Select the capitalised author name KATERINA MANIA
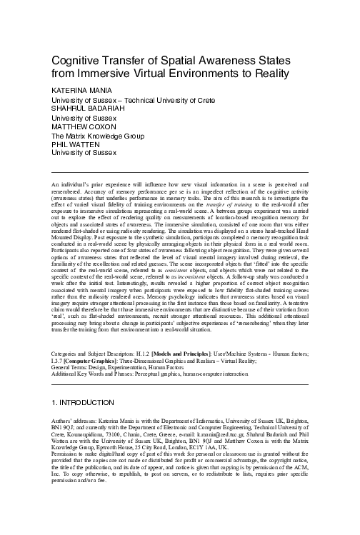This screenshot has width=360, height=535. (81, 91)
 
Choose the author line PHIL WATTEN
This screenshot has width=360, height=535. (76, 144)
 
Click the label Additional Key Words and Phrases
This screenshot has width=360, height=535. (106, 376)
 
